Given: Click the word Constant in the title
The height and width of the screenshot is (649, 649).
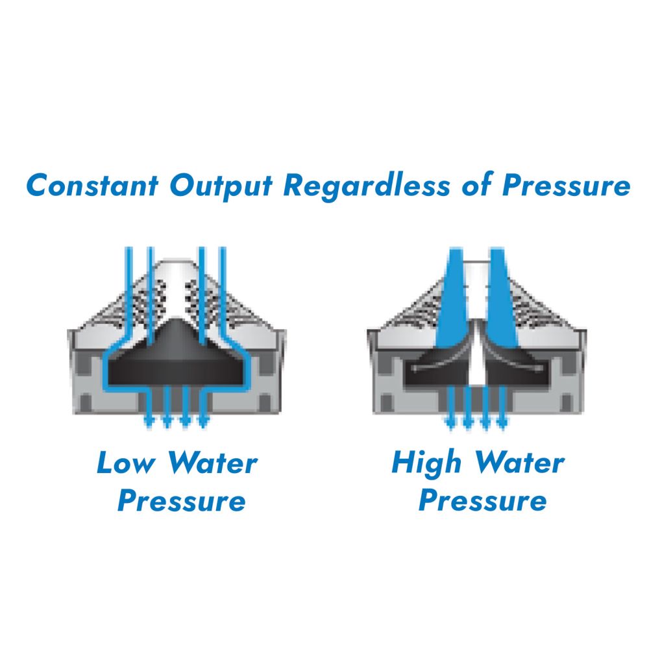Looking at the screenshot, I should tap(92, 186).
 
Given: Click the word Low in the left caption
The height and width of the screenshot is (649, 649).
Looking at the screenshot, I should tap(126, 463).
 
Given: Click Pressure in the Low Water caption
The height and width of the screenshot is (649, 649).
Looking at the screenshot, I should tap(182, 502).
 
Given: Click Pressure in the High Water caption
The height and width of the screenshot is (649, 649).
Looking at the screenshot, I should tap(482, 502).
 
